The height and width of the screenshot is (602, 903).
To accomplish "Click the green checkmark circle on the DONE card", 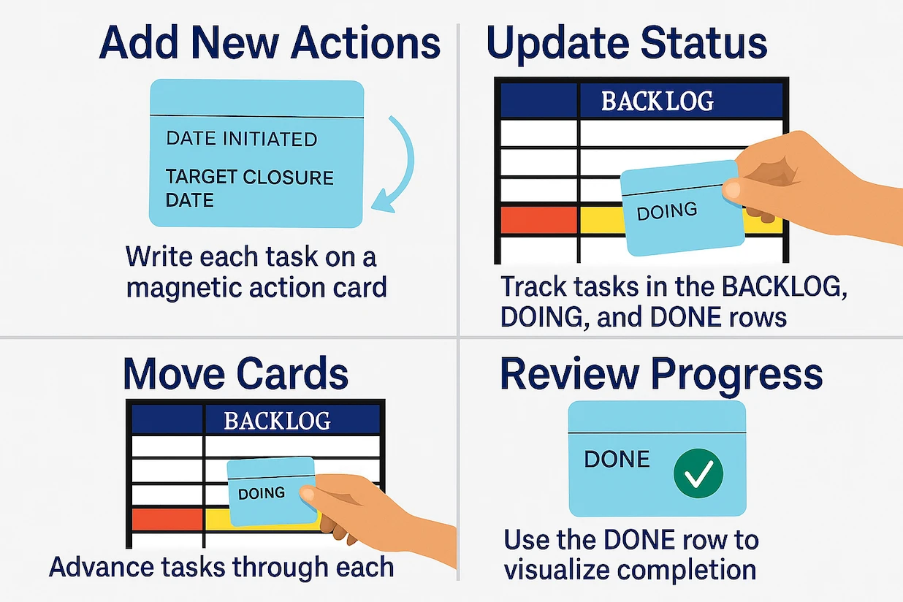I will click(698, 473).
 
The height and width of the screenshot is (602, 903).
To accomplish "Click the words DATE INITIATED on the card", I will click(241, 139).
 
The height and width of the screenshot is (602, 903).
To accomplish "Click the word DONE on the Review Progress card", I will click(617, 460).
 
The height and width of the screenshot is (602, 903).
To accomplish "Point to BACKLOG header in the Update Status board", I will click(657, 101).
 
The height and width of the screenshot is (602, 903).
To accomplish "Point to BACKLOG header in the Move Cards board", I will click(277, 421).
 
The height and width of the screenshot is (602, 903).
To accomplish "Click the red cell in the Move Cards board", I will click(167, 519).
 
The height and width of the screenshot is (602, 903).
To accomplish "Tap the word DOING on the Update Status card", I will click(667, 212).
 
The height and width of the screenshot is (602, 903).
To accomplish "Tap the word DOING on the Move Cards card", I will click(262, 493).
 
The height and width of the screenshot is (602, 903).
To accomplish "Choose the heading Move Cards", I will click(235, 373).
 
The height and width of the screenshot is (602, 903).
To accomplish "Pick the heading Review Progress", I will click(661, 374).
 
